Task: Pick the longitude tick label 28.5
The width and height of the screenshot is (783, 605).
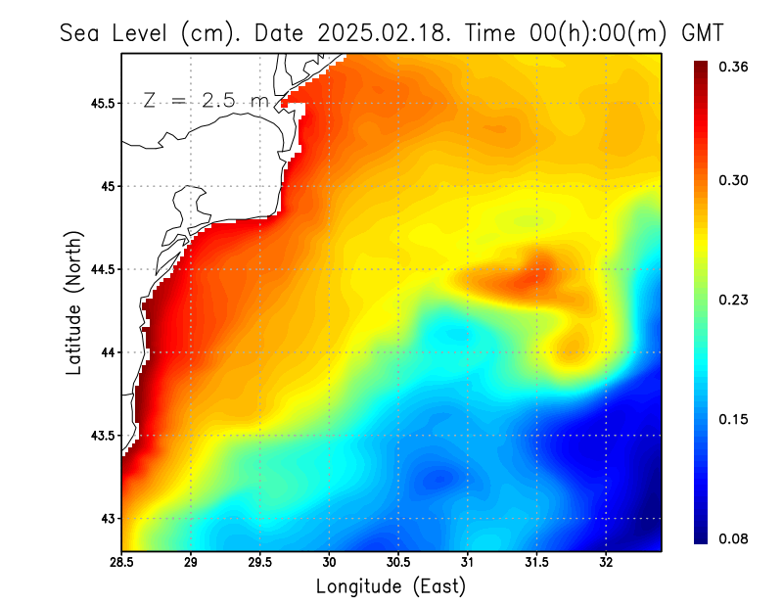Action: (x=122, y=562)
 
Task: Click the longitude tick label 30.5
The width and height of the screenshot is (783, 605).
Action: (x=398, y=562)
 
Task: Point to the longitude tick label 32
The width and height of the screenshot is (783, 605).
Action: (x=606, y=562)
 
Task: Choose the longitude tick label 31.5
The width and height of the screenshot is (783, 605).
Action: (x=537, y=562)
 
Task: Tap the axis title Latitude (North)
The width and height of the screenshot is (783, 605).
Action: (x=73, y=303)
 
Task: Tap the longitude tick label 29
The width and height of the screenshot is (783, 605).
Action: (x=191, y=562)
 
